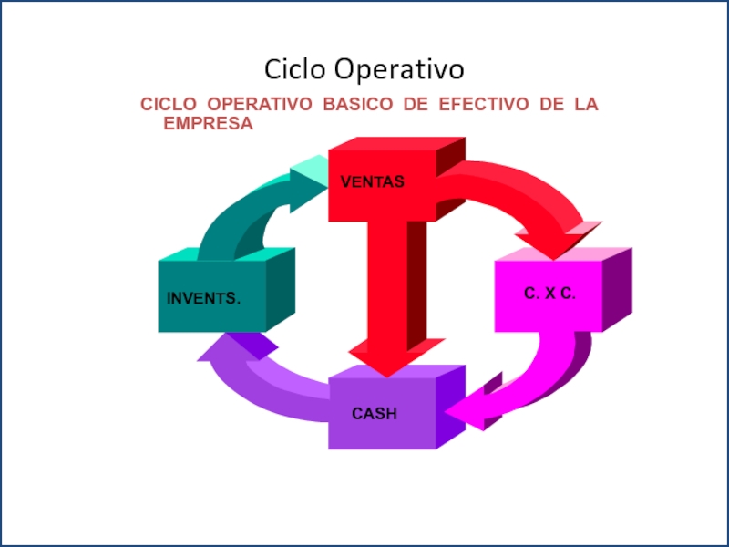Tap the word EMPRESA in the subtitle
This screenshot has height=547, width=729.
208,123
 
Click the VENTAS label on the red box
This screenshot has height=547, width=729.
372,182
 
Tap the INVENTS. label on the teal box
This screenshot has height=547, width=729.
204,298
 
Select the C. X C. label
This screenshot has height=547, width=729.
549,294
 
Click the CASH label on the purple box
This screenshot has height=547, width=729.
375,414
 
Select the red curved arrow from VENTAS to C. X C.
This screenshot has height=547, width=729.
529,196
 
